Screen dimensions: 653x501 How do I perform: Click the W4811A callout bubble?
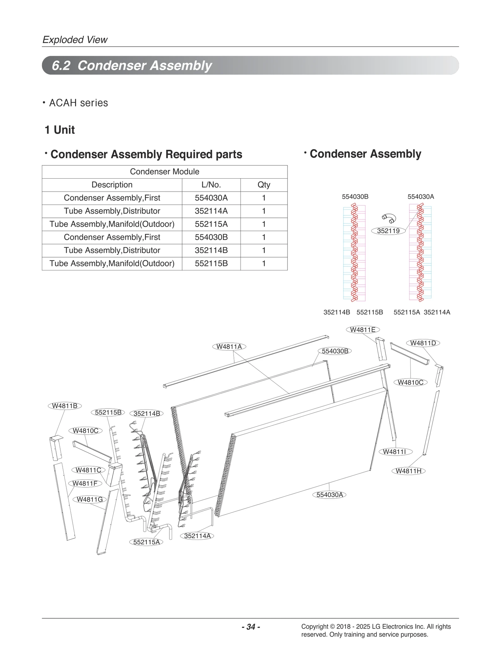229,347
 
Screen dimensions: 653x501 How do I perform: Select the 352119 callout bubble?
388,231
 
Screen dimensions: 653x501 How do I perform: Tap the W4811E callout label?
363,330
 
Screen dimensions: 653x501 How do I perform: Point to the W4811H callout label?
408,471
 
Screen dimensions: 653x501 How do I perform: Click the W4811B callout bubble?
65,406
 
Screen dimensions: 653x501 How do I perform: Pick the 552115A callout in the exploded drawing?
146,542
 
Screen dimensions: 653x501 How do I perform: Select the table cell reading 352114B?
211,250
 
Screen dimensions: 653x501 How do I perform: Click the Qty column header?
264,185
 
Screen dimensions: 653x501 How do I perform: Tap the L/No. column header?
211,185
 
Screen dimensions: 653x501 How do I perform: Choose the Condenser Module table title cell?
164,172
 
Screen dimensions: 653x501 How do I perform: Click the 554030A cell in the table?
211,198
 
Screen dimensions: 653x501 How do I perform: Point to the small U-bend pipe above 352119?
389,218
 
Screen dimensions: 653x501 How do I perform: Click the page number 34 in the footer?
251,627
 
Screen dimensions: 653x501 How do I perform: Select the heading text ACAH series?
78,103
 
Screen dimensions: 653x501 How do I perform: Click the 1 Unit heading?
59,130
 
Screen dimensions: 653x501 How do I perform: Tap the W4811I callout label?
395,452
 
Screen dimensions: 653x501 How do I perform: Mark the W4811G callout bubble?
90,499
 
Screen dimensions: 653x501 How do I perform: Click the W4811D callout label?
423,343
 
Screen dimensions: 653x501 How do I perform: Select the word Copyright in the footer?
314,626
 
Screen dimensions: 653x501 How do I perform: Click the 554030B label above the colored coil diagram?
355,197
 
